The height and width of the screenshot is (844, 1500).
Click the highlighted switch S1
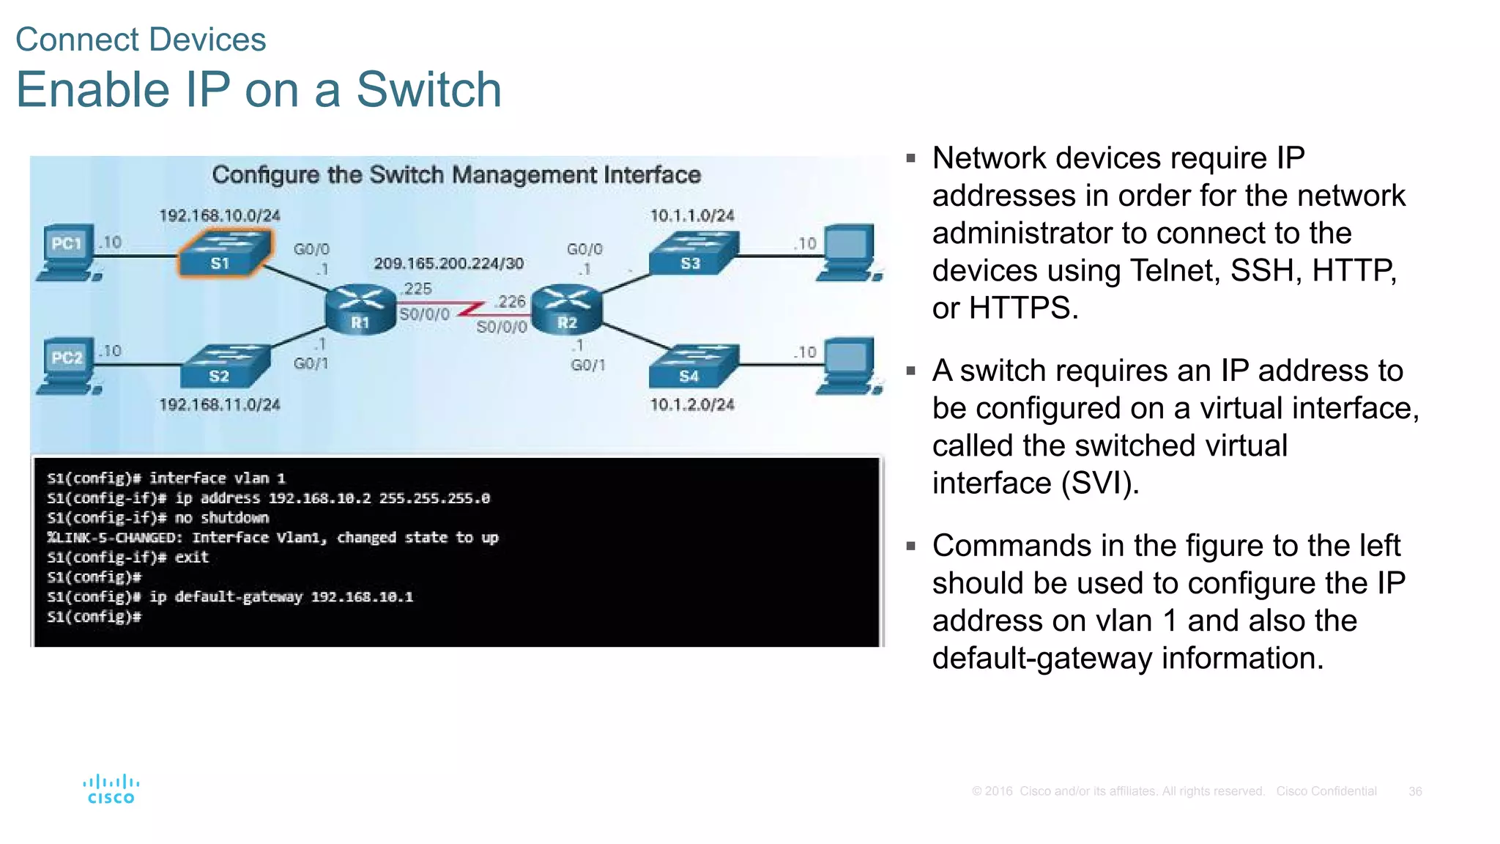click(225, 253)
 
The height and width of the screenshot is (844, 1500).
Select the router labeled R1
click(360, 310)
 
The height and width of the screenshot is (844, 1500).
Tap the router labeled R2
click(567, 310)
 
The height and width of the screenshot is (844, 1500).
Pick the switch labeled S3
click(693, 253)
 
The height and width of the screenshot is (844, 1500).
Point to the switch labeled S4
click(693, 366)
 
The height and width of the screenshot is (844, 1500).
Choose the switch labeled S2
click(225, 366)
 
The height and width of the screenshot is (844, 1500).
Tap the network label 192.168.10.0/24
click(220, 215)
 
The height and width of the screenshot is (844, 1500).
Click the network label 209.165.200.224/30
click(448, 263)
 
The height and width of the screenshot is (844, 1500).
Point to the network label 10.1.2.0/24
click(692, 404)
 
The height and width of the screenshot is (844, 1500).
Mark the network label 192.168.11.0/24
click(220, 404)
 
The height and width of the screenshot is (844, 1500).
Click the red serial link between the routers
click(469, 308)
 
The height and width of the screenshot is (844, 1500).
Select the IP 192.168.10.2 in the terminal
click(319, 498)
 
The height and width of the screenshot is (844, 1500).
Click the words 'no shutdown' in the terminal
click(222, 518)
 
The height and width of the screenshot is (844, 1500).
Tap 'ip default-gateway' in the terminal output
click(226, 597)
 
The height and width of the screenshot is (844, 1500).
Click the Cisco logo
click(111, 789)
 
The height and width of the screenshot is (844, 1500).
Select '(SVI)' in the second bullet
click(1099, 484)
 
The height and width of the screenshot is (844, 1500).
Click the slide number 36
click(1415, 791)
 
